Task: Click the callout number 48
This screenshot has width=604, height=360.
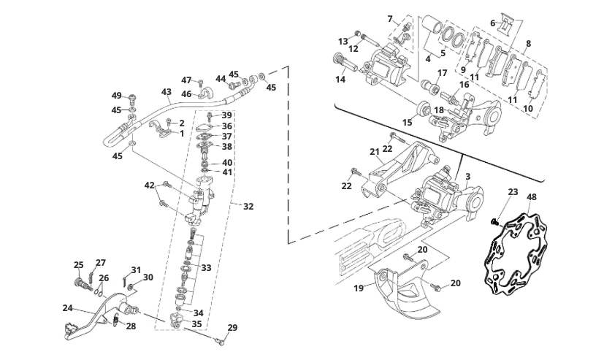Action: click(531, 197)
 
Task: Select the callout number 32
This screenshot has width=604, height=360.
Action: click(248, 207)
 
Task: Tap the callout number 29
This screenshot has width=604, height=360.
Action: click(233, 327)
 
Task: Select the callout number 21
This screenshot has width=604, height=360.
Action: click(375, 152)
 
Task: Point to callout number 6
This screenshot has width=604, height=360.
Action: click(492, 23)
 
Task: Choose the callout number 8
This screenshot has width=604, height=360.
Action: click(528, 44)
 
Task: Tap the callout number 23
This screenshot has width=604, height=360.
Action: click(513, 193)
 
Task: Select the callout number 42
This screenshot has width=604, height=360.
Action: click(150, 185)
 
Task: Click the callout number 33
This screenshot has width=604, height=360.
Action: click(206, 268)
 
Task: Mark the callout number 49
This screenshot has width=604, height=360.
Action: click(116, 96)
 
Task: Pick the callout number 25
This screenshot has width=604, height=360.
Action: click(79, 264)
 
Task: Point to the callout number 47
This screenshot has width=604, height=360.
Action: click(186, 80)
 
